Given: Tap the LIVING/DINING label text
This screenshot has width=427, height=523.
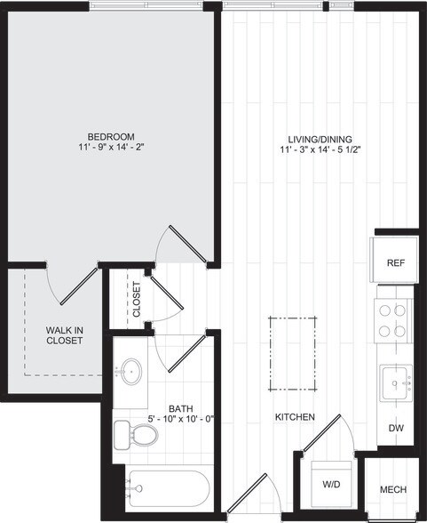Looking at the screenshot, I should click(x=320, y=139).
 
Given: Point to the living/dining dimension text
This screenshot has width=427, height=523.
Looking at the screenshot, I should click(x=320, y=150).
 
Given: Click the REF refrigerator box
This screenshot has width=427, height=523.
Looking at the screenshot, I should click(x=395, y=263).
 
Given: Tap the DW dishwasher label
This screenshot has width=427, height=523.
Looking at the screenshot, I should click(x=395, y=428).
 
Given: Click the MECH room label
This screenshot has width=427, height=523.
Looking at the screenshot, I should click(x=393, y=490).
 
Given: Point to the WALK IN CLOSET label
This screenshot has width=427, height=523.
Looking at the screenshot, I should click(x=64, y=335).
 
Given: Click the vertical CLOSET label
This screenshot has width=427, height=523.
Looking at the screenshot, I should click(x=136, y=299).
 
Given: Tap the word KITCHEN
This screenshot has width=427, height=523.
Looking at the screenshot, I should click(x=294, y=416).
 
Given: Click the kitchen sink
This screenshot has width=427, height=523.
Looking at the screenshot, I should click(x=395, y=385).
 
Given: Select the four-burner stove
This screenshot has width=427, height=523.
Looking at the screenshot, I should click(x=394, y=320).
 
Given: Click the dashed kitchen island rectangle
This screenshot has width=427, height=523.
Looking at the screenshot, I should click(x=294, y=354).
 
